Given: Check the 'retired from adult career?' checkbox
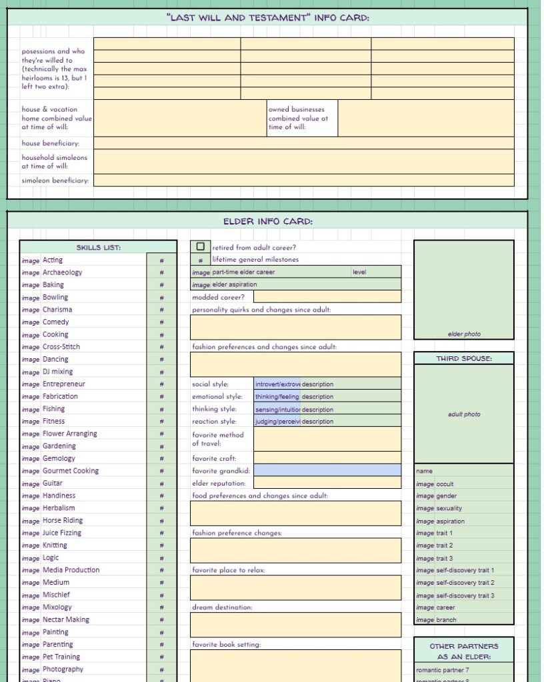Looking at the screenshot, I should [200, 246].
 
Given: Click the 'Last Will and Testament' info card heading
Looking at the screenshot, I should [267, 17].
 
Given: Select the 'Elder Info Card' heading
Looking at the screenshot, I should [267, 221].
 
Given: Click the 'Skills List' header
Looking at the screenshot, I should [98, 247].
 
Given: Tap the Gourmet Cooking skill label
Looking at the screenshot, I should [71, 471].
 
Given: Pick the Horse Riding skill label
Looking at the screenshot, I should [63, 520].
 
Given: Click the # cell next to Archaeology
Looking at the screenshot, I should [161, 272].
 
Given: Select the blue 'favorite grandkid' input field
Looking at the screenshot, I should [327, 470].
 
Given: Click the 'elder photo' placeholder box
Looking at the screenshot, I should [463, 290].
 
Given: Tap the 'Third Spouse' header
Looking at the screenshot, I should [464, 358].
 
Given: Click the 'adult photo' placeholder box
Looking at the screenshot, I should [463, 414].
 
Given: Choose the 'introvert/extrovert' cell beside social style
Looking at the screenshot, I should [277, 384].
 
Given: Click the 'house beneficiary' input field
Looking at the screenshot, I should [304, 143].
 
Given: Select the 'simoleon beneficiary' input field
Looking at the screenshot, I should [304, 180].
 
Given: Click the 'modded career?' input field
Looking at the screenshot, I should [327, 297].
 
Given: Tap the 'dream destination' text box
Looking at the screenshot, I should [296, 625].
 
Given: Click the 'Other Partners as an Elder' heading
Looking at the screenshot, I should [464, 651].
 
